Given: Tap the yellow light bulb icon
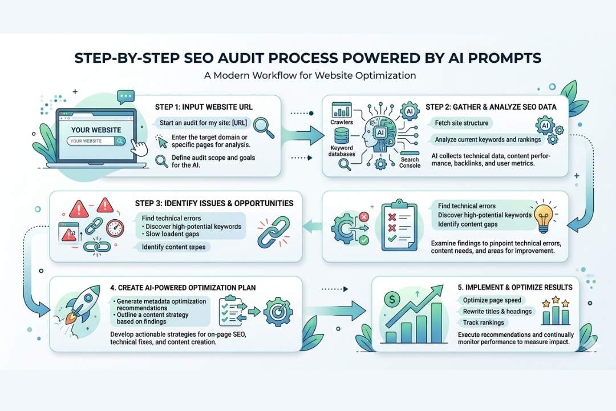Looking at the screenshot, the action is [544, 218].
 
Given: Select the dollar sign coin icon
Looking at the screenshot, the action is [392, 299].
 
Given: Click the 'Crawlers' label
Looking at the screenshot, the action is [342, 122].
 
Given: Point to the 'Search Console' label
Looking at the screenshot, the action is [410, 163].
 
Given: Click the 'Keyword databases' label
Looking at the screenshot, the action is [342, 151].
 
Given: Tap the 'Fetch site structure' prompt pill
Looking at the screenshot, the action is [461, 123].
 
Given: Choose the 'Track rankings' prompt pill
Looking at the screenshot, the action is [483, 323].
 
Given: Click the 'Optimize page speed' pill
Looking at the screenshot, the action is [492, 300].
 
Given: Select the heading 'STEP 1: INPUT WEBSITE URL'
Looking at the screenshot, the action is [204, 107].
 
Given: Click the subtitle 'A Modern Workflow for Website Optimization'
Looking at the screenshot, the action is [310, 75].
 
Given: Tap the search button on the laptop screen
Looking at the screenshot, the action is [120, 141].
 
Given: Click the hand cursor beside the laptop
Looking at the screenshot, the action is [139, 147].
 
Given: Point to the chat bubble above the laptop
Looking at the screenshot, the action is [125, 96].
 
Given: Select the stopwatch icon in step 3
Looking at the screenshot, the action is [115, 228].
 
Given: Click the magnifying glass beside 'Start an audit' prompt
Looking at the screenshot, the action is [264, 128].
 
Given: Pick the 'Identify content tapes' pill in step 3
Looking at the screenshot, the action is [174, 247].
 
